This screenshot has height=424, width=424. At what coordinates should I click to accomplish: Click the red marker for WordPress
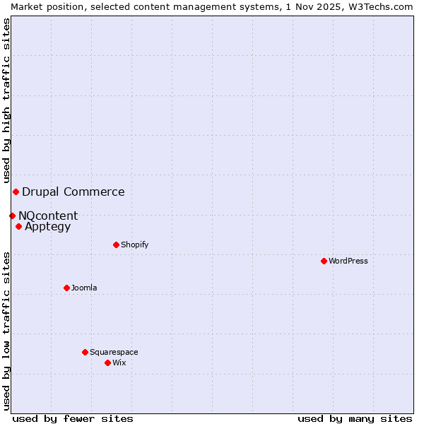tap(324, 261)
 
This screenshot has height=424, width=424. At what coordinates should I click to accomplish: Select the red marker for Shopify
tap(116, 245)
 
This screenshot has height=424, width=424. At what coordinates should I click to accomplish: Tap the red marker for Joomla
tap(66, 288)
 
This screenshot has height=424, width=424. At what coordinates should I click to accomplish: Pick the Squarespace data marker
tap(85, 352)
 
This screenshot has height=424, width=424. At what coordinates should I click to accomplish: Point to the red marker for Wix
tap(107, 363)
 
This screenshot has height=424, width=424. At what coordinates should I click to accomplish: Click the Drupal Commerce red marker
tap(16, 192)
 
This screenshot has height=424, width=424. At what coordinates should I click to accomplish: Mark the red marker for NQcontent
tap(12, 216)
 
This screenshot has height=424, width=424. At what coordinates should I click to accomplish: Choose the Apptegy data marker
tap(18, 226)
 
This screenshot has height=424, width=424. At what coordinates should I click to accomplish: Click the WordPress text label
tap(348, 261)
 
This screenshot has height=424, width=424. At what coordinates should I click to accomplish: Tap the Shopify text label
tap(135, 245)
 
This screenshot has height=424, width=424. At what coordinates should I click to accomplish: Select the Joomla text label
tap(84, 288)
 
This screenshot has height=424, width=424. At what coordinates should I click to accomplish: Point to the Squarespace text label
tap(114, 352)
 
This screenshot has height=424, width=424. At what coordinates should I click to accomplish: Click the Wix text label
tap(119, 363)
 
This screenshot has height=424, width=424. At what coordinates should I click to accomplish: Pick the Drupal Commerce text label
tap(73, 192)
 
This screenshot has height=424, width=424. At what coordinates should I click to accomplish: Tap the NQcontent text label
tap(48, 216)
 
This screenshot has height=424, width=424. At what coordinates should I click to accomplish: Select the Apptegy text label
tap(48, 226)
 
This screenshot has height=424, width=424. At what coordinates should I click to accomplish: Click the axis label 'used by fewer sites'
tap(73, 418)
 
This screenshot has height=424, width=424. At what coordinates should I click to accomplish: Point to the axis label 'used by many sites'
tap(355, 418)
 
